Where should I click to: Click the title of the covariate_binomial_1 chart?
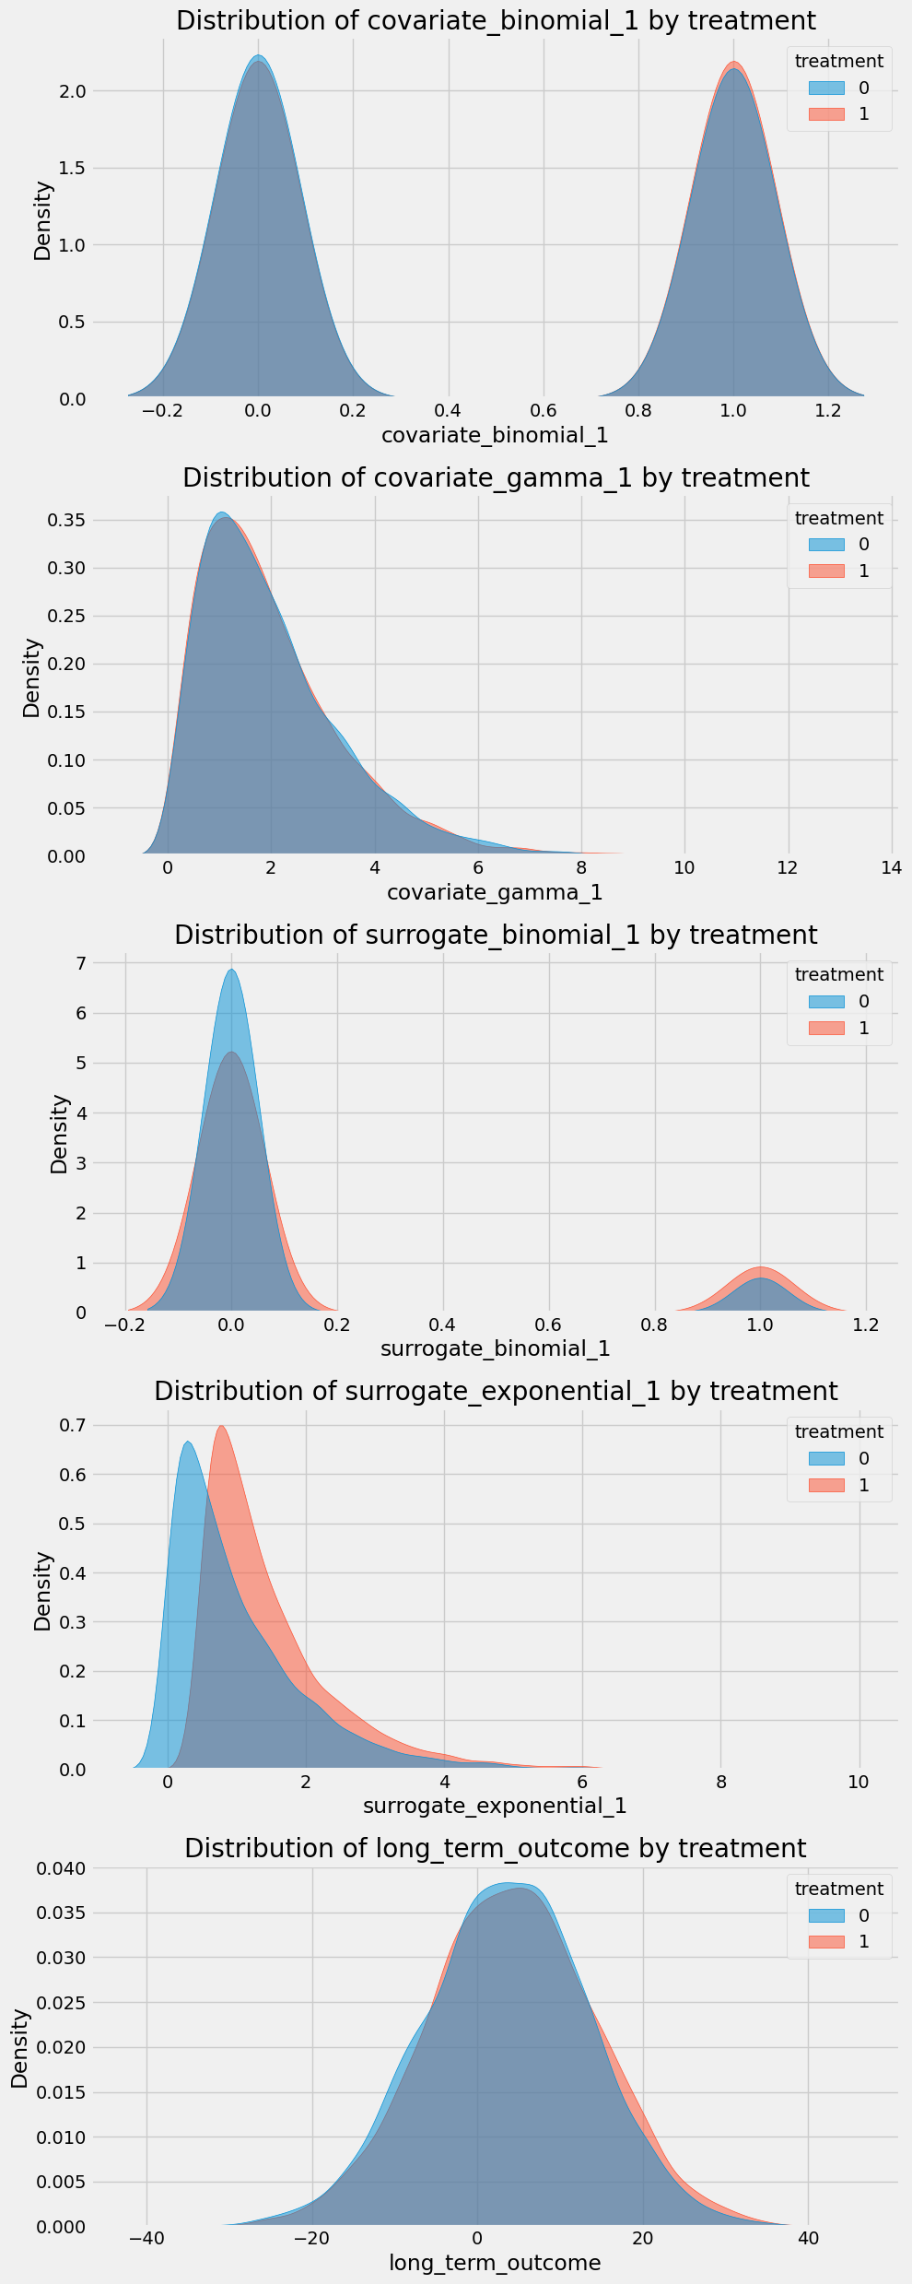coord(496,21)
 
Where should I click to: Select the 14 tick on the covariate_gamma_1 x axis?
coord(892,867)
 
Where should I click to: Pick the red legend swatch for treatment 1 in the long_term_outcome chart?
coord(826,1942)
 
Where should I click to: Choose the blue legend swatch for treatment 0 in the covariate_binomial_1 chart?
coord(826,88)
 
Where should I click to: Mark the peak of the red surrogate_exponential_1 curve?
coord(221,1427)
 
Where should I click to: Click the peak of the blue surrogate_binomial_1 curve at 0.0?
coord(232,971)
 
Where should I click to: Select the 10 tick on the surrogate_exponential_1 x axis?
coord(859,1781)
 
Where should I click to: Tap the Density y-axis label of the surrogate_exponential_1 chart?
coord(42,1591)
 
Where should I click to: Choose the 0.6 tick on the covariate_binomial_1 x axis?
coord(544,410)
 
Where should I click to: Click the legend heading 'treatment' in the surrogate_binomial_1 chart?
coord(838,974)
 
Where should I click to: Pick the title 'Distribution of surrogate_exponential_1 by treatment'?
coord(496,1392)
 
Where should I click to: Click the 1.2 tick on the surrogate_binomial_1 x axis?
coord(866,1324)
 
